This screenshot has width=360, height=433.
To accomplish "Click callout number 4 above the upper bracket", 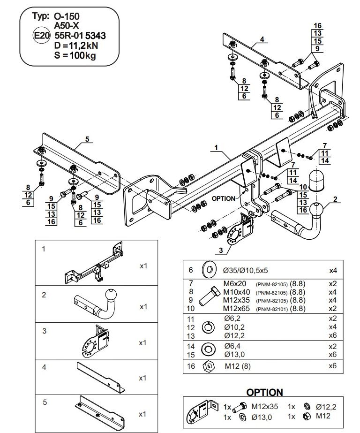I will pos(262,39).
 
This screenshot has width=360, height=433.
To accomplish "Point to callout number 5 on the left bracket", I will pos(87,139).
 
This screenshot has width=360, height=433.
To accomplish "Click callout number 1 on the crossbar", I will pos(217,148).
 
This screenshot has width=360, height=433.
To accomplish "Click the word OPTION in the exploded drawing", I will pos(223,198).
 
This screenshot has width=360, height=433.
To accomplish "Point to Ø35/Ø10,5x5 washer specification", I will pos(246,270).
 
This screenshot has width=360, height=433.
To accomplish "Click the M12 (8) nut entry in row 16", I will pos(238,366).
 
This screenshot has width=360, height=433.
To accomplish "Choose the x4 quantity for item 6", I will pos(332,270).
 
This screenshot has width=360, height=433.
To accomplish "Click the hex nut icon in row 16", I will pos(207,366).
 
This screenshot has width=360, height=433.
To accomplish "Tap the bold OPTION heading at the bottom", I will pos(264,392).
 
